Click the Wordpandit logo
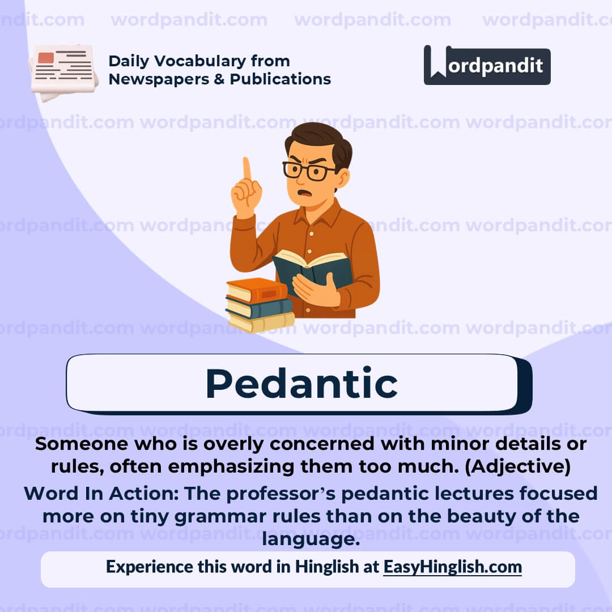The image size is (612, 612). (x=487, y=65)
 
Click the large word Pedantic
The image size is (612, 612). (x=301, y=384)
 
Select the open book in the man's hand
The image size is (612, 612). (x=313, y=270)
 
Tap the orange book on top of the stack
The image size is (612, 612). (x=257, y=290)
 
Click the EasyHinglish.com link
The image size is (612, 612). (x=452, y=567)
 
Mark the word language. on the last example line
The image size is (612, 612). (x=311, y=539)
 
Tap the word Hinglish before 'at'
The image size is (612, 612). (x=326, y=567)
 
